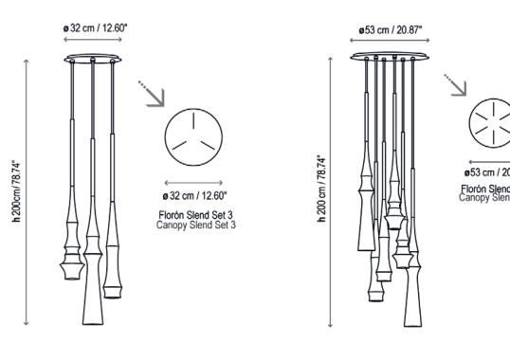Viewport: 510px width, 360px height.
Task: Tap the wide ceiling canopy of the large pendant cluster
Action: [x=396, y=58]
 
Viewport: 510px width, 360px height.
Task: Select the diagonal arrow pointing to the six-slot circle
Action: [x=460, y=85]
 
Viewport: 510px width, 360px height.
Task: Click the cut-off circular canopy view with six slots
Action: [x=489, y=122]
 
